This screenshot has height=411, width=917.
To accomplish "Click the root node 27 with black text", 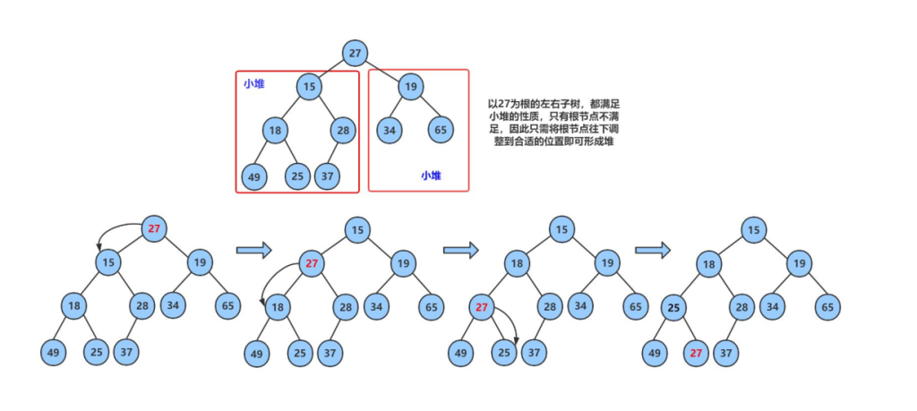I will click(x=356, y=53).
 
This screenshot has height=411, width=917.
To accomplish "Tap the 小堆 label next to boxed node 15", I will click(x=253, y=84).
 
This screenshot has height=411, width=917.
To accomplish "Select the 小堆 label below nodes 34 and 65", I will click(x=431, y=176).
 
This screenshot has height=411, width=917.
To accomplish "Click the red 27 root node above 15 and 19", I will click(x=154, y=229).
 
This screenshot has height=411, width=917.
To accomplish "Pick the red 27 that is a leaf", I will click(x=697, y=352).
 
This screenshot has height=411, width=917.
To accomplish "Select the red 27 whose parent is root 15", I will click(x=311, y=263).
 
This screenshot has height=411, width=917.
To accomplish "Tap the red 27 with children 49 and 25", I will click(x=483, y=308).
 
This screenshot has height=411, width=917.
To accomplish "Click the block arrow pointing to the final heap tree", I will click(x=653, y=250).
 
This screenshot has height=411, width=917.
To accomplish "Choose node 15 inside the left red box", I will click(x=309, y=87).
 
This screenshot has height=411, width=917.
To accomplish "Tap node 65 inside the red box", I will click(x=441, y=130).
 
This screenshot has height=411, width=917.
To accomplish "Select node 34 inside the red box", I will click(x=390, y=130).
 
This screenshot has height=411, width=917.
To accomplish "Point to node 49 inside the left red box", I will click(x=253, y=176).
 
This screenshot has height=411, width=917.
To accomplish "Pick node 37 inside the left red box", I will click(x=328, y=176).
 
